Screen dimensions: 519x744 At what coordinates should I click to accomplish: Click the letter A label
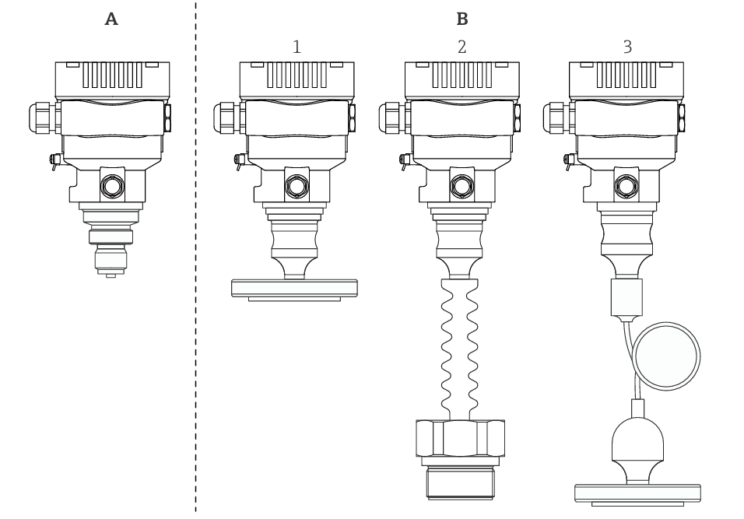point(111,19)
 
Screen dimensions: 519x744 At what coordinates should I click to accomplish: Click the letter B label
point(462,19)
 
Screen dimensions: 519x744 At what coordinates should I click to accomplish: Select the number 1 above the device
point(297,47)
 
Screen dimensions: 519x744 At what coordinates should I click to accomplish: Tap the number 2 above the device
point(462,47)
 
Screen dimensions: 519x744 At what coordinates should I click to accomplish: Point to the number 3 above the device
point(627,47)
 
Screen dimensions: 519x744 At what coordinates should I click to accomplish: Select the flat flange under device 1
point(294,287)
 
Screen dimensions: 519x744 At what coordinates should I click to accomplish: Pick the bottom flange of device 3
point(637,493)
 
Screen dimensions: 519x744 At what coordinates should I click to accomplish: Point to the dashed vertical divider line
point(195,257)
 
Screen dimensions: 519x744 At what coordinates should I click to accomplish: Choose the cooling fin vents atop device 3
point(626,75)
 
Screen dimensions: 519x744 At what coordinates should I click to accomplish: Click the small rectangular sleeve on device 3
point(626,296)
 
